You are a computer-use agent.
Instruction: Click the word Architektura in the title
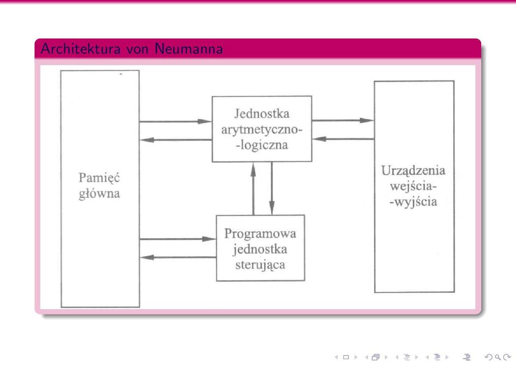[x=81, y=49]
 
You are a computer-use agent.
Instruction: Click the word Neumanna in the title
[x=188, y=49]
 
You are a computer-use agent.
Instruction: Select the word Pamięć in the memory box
[x=100, y=178]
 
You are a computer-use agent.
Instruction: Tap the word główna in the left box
[x=100, y=194]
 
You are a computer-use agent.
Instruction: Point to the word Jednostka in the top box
[x=262, y=114]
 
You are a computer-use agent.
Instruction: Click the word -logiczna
[x=262, y=145]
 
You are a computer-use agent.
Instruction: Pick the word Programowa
[x=260, y=234]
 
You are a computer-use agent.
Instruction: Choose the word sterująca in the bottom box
[x=260, y=265]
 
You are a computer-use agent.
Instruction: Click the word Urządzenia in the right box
[x=413, y=170]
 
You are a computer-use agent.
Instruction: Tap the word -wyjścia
[x=413, y=202]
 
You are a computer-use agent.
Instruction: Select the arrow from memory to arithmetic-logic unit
[x=175, y=121]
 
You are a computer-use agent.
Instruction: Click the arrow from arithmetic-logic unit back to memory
[x=176, y=140]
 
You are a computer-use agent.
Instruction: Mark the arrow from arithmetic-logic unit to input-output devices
[x=343, y=120]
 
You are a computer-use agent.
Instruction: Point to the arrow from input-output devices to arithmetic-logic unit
[x=343, y=139]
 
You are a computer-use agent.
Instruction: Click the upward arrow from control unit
[x=253, y=189]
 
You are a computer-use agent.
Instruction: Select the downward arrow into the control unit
[x=272, y=189]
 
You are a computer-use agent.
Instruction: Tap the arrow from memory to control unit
[x=178, y=239]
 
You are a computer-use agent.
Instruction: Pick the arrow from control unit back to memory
[x=178, y=257]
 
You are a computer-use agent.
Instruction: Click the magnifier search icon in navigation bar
[x=498, y=357]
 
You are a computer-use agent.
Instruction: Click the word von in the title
[x=137, y=49]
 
